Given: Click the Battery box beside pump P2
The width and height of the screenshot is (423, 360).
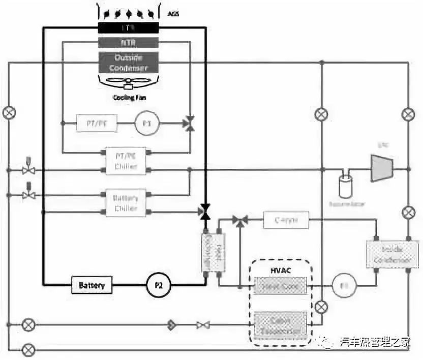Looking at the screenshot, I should tap(92, 285).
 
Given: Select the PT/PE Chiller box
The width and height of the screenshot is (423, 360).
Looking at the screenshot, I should tap(125, 160).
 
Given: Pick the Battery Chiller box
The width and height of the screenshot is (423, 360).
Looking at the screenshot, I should tap(125, 202).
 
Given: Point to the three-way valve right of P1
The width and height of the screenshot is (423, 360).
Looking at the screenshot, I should tap(190, 124).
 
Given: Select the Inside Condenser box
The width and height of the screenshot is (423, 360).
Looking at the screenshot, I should tap(388, 254).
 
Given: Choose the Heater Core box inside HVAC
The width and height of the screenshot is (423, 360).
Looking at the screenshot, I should tap(281, 286).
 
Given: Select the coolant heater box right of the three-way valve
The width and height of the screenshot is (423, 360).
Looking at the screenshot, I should tap(286, 221).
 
